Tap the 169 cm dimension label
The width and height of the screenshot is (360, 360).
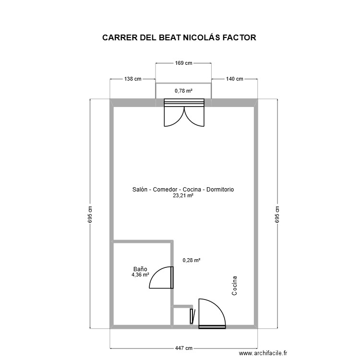point(183,62)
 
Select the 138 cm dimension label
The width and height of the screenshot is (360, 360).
point(133,79)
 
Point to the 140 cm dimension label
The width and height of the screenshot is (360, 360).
point(234,79)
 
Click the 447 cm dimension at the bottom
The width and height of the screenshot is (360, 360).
point(183,348)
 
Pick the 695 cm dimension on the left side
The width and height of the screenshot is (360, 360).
point(90,214)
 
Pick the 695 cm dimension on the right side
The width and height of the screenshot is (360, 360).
point(276,214)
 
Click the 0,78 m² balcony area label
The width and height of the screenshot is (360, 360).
point(183,90)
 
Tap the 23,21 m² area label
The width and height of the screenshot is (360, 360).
point(183,196)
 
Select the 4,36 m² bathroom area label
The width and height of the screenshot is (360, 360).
point(140,275)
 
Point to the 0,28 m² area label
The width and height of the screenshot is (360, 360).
point(191,260)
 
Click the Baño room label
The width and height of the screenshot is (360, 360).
point(140,269)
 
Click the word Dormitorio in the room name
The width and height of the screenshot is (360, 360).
point(220,190)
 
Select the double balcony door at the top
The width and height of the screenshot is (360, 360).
point(184,114)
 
